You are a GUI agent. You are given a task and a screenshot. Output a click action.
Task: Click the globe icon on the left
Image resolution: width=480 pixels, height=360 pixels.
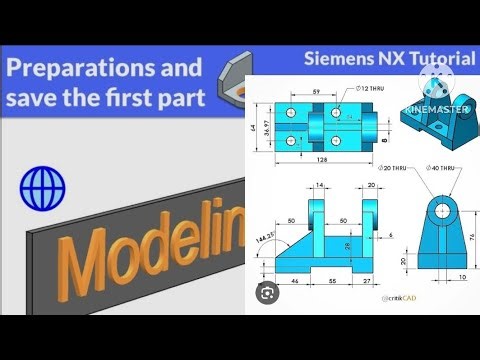pyautogui.click(x=42, y=187)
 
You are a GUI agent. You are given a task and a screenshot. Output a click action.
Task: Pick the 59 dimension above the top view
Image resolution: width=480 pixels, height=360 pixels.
pyautogui.click(x=316, y=92)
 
